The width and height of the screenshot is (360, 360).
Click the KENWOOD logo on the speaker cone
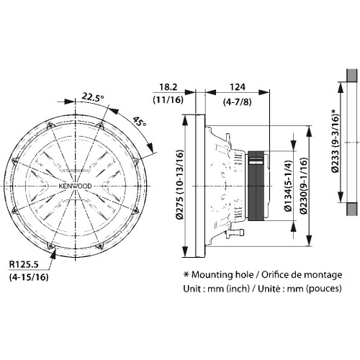[x=76, y=186]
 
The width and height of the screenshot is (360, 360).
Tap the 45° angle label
[x=140, y=122]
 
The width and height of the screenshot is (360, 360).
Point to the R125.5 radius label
[x=24, y=265]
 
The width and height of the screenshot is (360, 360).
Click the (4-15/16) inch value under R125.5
[x=29, y=277]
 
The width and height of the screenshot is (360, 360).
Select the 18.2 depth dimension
[x=168, y=87]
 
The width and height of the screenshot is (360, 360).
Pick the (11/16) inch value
[x=168, y=99]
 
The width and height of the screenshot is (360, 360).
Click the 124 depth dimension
[x=238, y=87]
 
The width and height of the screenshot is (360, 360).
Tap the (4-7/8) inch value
[x=238, y=102]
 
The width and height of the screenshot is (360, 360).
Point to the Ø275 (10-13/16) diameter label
[x=180, y=185]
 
